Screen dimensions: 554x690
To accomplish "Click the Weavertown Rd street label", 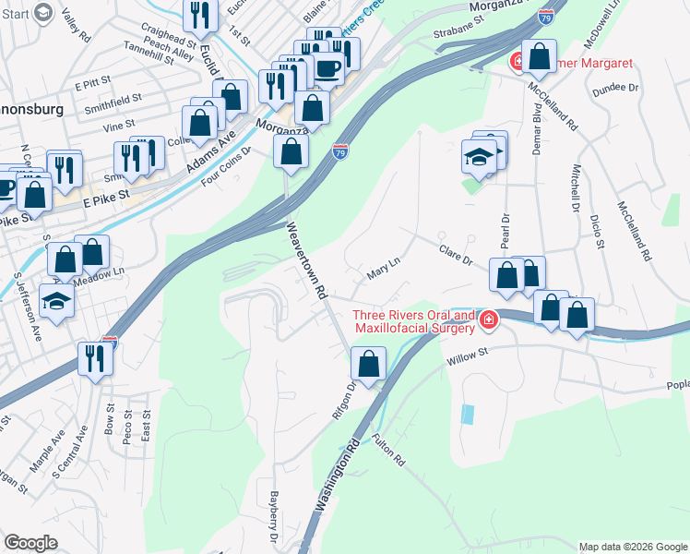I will pos(308,259).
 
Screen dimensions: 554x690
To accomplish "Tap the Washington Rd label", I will pos(337,476).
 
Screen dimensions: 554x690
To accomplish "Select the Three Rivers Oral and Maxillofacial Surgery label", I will pos(414,320).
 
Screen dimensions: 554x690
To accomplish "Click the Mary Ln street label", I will pos(383,268).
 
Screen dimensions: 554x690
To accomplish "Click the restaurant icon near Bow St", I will pos(95,357).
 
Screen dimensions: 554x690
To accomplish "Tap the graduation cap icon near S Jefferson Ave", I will pos(57,301).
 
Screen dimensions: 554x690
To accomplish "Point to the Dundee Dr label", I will pos(620,87).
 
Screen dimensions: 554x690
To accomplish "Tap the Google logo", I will pos(30,542).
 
